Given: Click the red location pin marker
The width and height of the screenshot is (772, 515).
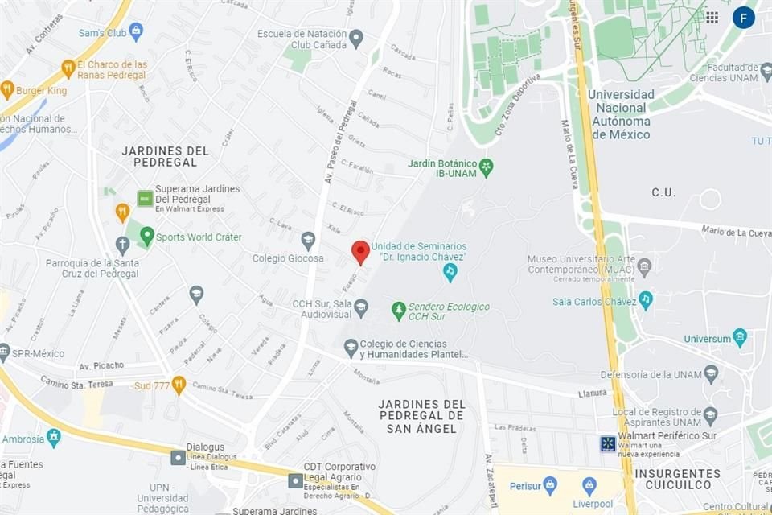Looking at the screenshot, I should pyautogui.click(x=361, y=252).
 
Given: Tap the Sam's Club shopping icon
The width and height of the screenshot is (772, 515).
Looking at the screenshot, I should pyautogui.click(x=136, y=31).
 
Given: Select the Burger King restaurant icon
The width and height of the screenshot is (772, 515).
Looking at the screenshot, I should pyautogui.click(x=7, y=89).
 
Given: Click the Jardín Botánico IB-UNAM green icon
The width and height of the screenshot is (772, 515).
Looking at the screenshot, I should pyautogui.click(x=486, y=168).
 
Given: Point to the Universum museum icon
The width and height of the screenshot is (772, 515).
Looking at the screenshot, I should pyautogui.click(x=740, y=337).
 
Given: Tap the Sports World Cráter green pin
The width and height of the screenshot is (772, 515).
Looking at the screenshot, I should pyautogui.click(x=146, y=236).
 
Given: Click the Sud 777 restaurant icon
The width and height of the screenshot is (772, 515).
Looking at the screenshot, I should pyautogui.click(x=179, y=385).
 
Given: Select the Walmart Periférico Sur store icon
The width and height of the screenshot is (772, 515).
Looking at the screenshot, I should pyautogui.click(x=608, y=443).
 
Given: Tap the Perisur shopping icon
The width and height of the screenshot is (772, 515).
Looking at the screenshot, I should pyautogui.click(x=550, y=485).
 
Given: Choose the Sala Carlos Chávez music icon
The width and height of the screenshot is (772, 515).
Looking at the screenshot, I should pyautogui.click(x=645, y=299).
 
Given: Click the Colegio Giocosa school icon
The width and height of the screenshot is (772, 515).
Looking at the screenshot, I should pyautogui.click(x=308, y=240).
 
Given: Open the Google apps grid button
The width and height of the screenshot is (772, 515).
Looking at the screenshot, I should pyautogui.click(x=712, y=18).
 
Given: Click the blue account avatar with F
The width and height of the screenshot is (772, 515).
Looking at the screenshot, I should pyautogui.click(x=744, y=18).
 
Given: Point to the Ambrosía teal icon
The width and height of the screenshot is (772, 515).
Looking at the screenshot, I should pyautogui.click(x=54, y=438).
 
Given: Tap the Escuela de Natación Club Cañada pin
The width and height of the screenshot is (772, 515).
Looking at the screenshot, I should pyautogui.click(x=356, y=38).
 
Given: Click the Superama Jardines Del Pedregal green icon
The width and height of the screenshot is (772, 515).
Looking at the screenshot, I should pyautogui.click(x=145, y=197).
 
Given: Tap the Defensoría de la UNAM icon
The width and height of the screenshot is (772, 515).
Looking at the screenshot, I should pyautogui.click(x=710, y=373).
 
